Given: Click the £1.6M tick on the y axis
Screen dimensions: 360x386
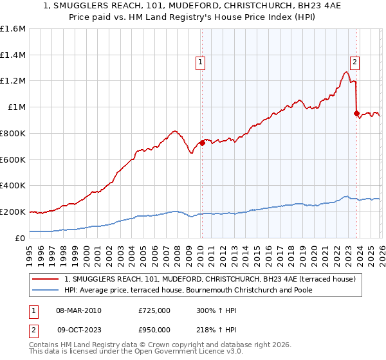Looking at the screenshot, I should point(13,29).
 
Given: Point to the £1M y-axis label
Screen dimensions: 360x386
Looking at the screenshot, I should point(16,107).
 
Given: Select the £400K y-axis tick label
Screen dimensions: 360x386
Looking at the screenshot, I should point(13,186).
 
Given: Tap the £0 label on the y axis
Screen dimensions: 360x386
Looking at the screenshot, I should point(21,238).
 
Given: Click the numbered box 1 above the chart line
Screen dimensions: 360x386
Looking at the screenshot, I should point(201,62).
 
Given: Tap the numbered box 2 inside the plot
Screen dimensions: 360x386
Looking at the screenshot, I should point(354,62).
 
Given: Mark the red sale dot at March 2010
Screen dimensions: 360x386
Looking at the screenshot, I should point(202,143).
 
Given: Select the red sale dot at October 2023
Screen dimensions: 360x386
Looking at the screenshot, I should point(356,114).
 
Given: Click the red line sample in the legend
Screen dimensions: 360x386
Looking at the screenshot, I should point(46,278).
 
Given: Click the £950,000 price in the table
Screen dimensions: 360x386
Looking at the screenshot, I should point(154,329).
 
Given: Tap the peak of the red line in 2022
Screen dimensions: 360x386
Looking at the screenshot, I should point(346,72).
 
